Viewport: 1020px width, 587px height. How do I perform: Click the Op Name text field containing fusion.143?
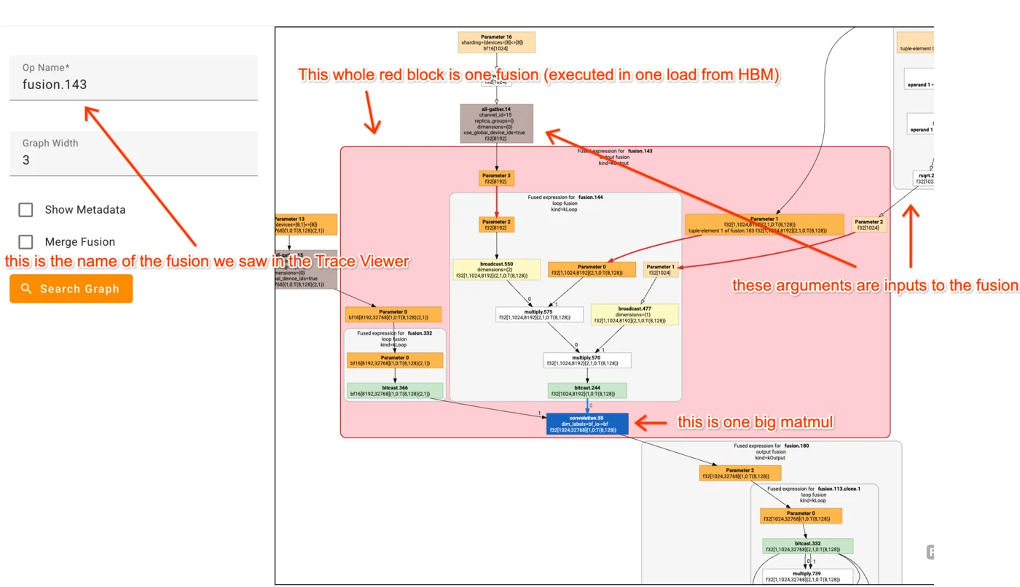tap(133, 84)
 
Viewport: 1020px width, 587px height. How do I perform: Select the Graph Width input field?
tap(133, 159)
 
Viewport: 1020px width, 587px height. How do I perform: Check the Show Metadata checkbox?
tap(26, 210)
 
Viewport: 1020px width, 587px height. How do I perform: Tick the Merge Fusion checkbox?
tap(26, 242)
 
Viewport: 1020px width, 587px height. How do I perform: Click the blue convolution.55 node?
tap(586, 424)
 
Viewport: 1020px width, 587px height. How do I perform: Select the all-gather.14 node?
tap(496, 123)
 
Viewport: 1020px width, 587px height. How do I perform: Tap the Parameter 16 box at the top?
tap(496, 42)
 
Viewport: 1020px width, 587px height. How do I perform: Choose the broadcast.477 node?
tap(634, 314)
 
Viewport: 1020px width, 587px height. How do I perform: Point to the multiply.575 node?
tap(538, 314)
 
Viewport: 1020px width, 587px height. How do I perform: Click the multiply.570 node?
tap(586, 360)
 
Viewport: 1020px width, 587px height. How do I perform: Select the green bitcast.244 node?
tap(586, 391)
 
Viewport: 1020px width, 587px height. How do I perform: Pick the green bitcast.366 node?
tap(393, 391)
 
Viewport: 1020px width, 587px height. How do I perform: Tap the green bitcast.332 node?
tap(807, 546)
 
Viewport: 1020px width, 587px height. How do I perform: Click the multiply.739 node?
tap(807, 577)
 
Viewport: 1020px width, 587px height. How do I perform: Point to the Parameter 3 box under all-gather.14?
tap(496, 179)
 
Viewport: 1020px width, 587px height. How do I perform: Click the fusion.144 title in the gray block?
tap(590, 197)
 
